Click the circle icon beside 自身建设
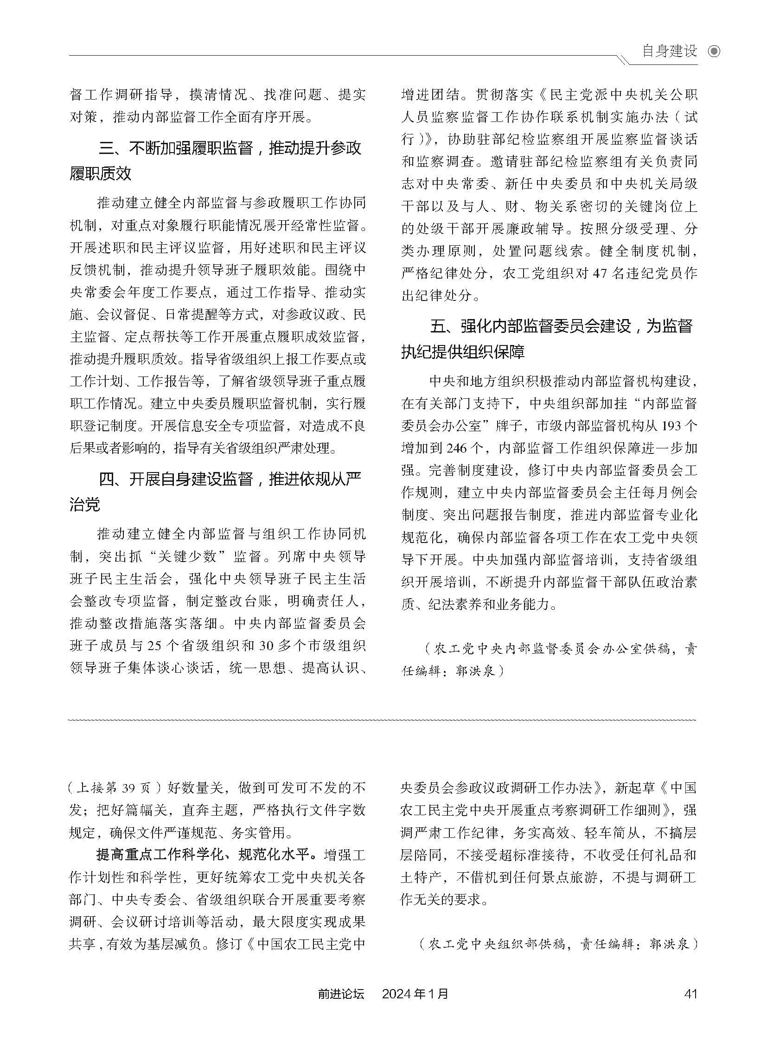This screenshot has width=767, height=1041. (x=714, y=51)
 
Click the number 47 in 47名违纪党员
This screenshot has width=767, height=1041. (x=601, y=273)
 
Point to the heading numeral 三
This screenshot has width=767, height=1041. (x=106, y=148)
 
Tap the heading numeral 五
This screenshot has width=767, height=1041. (x=438, y=326)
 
